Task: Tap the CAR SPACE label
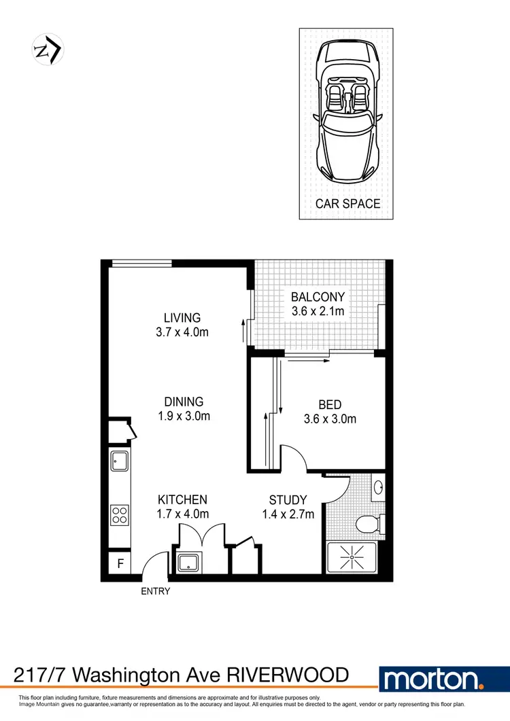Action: click(347, 203)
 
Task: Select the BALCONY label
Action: click(318, 297)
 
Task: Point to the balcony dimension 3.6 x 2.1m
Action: click(318, 312)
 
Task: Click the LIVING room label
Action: click(182, 317)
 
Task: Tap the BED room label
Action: click(329, 404)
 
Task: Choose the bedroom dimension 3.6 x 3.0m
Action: click(329, 419)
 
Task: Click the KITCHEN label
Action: click(182, 499)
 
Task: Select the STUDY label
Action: click(288, 499)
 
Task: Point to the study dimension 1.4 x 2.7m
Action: click(288, 514)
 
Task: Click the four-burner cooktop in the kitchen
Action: click(120, 514)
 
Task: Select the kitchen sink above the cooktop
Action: click(120, 461)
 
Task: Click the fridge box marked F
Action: click(120, 563)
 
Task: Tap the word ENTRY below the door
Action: click(155, 591)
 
